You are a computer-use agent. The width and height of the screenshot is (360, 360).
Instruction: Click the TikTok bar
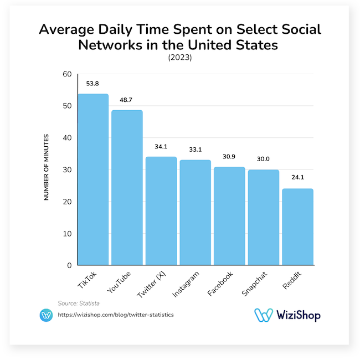pos(93,179)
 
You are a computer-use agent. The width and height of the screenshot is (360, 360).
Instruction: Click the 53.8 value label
pos(93,84)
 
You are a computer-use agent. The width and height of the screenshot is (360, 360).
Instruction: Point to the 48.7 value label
pos(127,100)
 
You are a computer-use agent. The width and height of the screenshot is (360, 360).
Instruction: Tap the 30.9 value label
pos(229,157)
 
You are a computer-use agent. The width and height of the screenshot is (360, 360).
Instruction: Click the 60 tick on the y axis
pos(67,74)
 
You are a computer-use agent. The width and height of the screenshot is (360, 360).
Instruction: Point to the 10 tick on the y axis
pos(67,234)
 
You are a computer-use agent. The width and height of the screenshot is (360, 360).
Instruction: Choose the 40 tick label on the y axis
pos(67,138)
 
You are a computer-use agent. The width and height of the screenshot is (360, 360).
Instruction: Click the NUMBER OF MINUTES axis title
pos(47,167)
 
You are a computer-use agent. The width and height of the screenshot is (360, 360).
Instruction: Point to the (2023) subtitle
pos(179,57)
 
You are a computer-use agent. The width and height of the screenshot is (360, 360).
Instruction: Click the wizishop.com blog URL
pos(116,315)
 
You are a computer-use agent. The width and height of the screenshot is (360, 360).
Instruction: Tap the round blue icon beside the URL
pos(46,315)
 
